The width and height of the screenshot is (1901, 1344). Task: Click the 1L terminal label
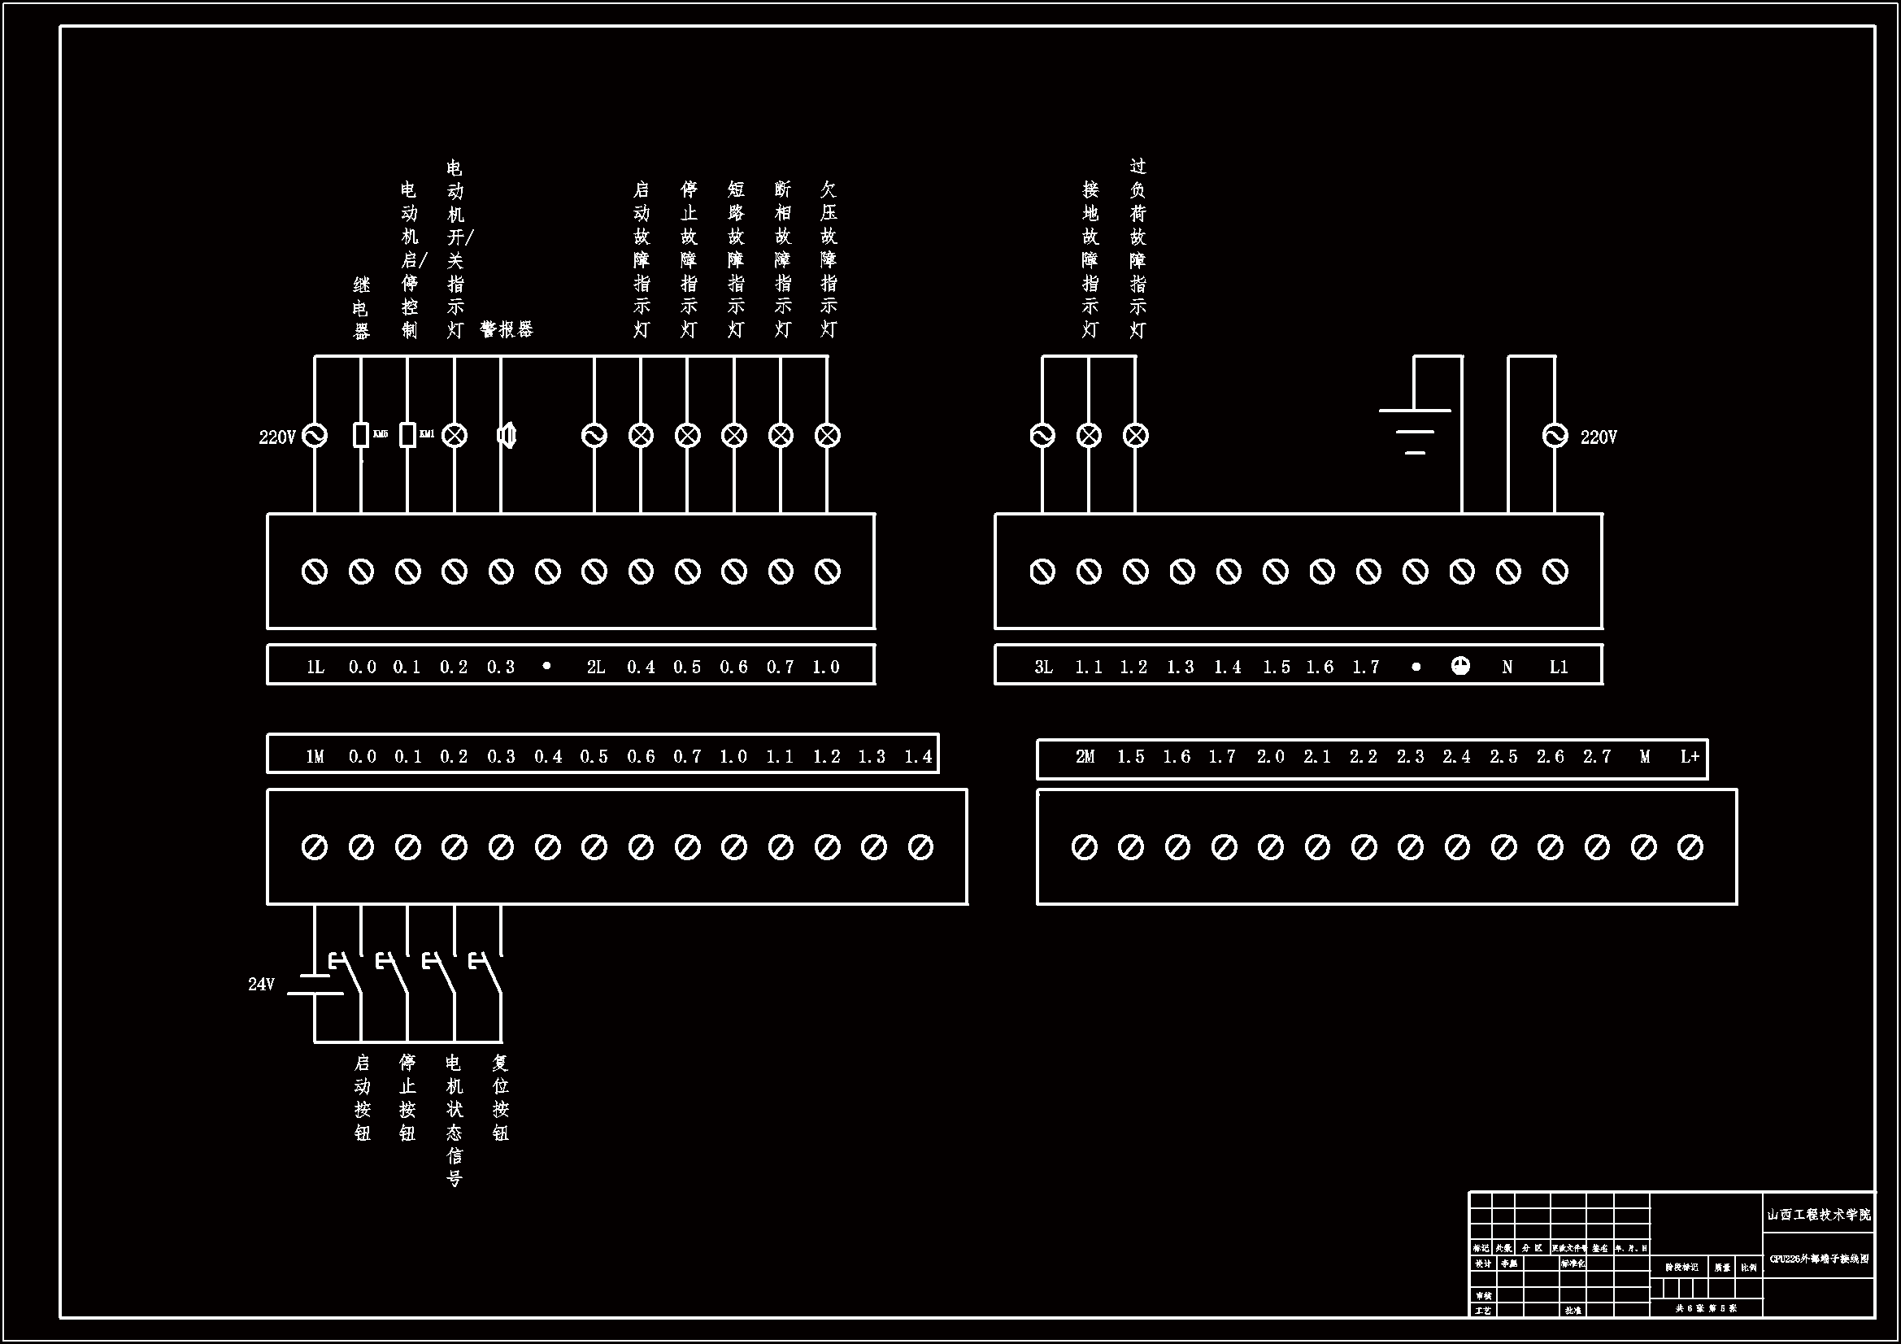point(315,667)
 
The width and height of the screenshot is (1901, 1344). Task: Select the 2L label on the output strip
point(595,667)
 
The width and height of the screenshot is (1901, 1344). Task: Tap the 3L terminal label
point(1043,667)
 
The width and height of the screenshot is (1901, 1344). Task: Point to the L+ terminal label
point(1690,756)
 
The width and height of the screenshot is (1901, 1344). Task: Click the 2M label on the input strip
point(1085,756)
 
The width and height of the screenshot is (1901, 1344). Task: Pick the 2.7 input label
point(1597,756)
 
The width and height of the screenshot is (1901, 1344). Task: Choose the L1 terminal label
point(1558,667)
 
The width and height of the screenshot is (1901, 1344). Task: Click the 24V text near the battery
point(261,984)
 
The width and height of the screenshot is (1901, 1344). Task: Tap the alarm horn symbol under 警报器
point(506,435)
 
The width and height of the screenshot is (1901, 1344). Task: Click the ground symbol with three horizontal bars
point(1415,431)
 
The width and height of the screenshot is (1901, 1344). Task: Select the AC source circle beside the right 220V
point(1555,436)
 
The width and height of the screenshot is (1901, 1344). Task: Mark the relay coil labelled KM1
point(407,435)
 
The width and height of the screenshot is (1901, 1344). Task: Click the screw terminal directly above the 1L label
point(315,572)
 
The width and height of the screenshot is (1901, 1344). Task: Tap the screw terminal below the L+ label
point(1690,847)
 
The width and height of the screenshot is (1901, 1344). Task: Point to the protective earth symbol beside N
point(1460,666)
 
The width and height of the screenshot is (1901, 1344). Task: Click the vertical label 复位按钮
point(500,1097)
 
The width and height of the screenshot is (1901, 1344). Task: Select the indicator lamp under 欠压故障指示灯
point(828,435)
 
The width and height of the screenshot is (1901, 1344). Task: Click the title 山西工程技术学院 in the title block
point(1818,1215)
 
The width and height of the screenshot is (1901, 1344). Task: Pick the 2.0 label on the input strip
point(1270,756)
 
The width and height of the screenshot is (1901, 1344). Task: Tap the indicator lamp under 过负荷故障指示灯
point(1135,435)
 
